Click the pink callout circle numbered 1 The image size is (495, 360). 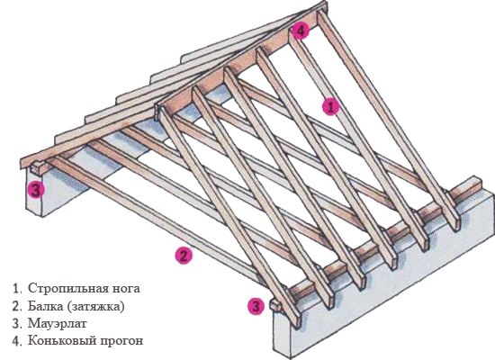[330, 107]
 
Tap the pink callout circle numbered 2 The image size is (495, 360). [184, 256]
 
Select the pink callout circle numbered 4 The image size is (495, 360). [301, 31]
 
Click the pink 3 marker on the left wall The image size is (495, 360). [36, 190]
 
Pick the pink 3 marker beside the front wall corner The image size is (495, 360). [256, 306]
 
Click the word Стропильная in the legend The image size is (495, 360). [67, 289]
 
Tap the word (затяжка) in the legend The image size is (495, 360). [96, 307]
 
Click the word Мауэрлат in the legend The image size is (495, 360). [57, 324]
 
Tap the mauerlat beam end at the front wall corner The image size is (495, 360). [275, 305]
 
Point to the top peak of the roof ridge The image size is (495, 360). [326, 3]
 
